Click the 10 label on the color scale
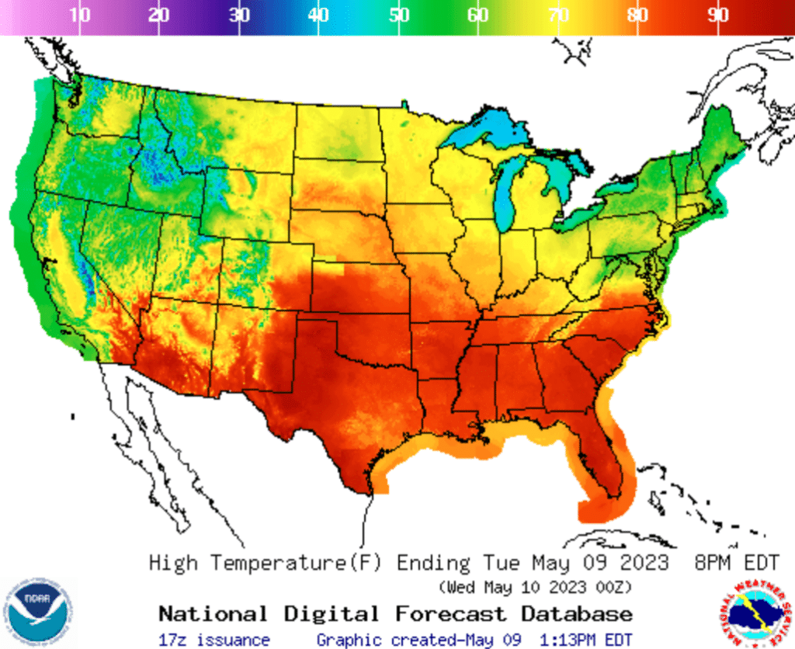coord(79,16)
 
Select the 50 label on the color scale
coord(399,16)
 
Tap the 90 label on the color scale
coord(718,16)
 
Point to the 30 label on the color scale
coord(239,16)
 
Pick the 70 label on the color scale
coord(558,16)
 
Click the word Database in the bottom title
coord(577,614)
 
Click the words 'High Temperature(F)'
coord(265,562)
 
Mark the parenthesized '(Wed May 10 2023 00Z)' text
coord(535,585)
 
